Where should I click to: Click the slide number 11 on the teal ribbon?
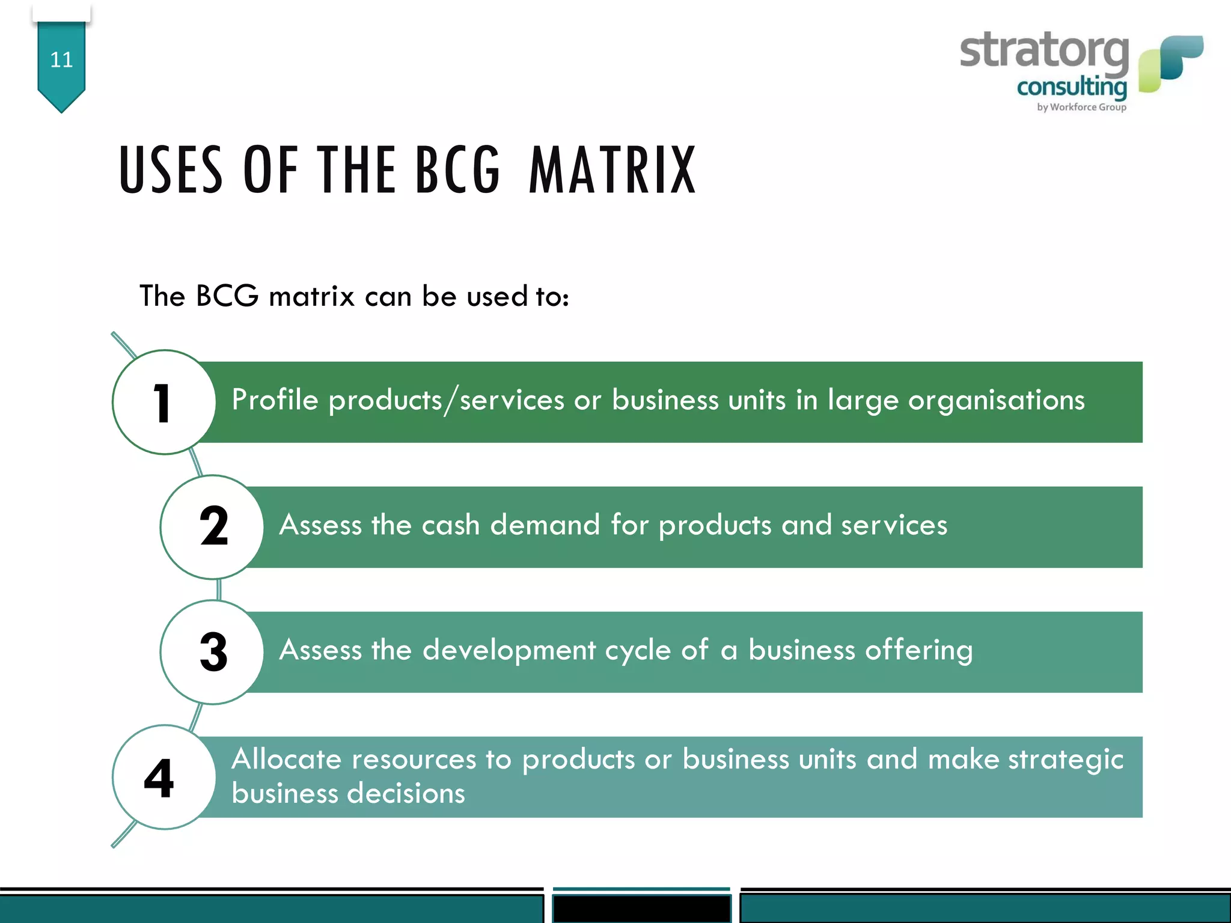61,59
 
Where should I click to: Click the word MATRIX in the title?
612,171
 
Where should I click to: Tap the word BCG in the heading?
457,171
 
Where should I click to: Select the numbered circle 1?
163,402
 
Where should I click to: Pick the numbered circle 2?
212,527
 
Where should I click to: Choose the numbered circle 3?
212,652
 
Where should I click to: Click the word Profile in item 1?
275,400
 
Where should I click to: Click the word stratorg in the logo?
1044,51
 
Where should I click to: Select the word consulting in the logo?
1072,88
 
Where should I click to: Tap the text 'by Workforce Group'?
1081,107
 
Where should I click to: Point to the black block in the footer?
641,908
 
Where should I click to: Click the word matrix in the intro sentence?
311,296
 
